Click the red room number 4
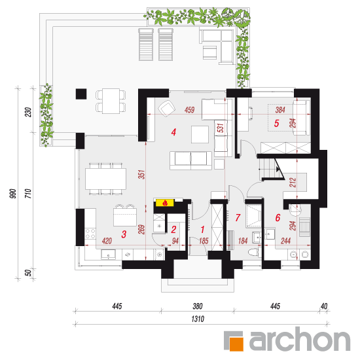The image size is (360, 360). coord(173,132)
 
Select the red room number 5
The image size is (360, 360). coord(277,123)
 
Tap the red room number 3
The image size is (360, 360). coord(124,234)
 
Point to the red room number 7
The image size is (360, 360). coord(238,217)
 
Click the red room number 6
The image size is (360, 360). coord(278,218)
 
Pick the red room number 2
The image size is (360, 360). coord(173,229)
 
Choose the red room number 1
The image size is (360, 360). coord(202,229)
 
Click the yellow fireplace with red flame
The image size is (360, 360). coord(165,203)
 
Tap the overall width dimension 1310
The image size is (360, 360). coord(198,319)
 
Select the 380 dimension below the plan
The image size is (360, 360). coord(198,306)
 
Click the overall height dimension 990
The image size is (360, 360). coord(13,194)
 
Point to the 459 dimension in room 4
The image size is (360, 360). coord(189,110)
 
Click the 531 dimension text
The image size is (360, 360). coord(220,128)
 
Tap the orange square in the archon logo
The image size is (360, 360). coord(236,344)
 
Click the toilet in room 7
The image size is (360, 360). coord(255,252)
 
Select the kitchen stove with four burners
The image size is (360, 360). coord(90,234)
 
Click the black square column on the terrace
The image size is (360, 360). coord(81,94)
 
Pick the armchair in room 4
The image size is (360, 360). coord(167,109)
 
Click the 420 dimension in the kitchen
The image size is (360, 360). coord(107,241)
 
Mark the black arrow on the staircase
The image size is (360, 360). coord(278,170)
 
